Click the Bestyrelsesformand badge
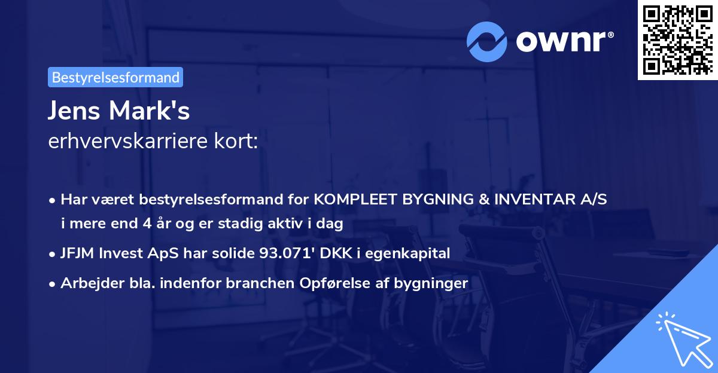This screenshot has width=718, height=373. pyautogui.click(x=115, y=77)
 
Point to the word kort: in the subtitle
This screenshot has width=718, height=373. pyautogui.click(x=239, y=142)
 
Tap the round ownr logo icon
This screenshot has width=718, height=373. pyautogui.click(x=487, y=41)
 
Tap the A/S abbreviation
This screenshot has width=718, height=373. pyautogui.click(x=595, y=200)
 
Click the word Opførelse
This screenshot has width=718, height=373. pyautogui.click(x=327, y=283)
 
